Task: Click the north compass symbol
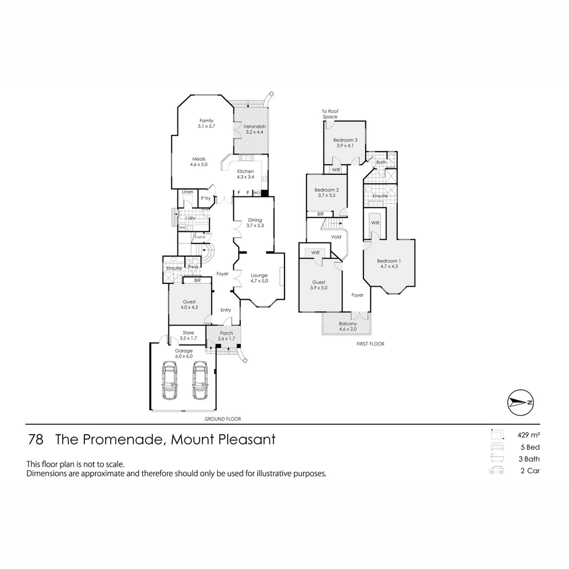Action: [x=520, y=402]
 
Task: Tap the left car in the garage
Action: [x=170, y=381]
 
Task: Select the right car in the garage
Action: [x=199, y=381]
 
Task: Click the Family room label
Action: [x=206, y=123]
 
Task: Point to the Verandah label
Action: [x=254, y=130]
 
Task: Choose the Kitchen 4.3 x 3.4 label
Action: [x=246, y=174]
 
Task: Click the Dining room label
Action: [x=254, y=223]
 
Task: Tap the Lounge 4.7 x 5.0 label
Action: [x=259, y=278]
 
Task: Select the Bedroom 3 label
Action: [x=345, y=142]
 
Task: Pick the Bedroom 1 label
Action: [x=389, y=263]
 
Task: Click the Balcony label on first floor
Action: [x=348, y=327]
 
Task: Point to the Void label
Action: [x=336, y=237]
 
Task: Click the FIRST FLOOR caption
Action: [x=370, y=344]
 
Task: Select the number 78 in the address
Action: [x=35, y=439]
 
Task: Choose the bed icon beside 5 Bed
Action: [x=496, y=447]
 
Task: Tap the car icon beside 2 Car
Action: [x=496, y=470]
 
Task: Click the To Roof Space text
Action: [x=330, y=114]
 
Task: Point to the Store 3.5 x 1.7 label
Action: [x=188, y=336]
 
